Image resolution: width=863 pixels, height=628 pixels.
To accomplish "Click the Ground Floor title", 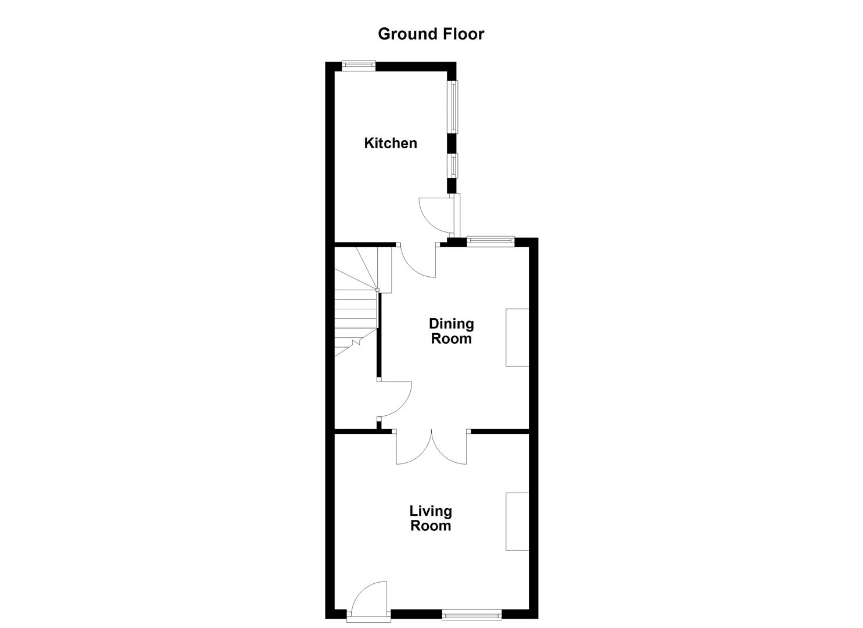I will (x=431, y=34).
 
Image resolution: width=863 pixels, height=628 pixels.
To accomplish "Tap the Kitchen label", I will (x=390, y=143).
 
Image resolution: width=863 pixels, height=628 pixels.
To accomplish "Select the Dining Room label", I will (x=451, y=331).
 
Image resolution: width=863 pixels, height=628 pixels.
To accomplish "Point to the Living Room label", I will (x=431, y=518).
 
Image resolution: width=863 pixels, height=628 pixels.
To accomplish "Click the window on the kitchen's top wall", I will (x=358, y=65).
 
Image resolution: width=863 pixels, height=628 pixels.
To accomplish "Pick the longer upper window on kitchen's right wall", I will (x=452, y=106).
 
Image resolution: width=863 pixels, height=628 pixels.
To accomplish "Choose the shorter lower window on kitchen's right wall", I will (x=452, y=165).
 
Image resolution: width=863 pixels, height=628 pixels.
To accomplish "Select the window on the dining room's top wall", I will (x=490, y=241).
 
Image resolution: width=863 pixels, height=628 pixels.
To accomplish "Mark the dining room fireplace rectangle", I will (x=517, y=337).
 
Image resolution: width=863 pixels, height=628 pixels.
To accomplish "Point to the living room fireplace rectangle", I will (x=517, y=521).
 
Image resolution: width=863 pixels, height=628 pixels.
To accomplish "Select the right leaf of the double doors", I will (x=449, y=448).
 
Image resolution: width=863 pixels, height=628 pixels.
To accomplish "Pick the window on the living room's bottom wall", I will (x=471, y=614).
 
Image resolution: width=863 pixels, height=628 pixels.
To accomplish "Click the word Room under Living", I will (x=431, y=526).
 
